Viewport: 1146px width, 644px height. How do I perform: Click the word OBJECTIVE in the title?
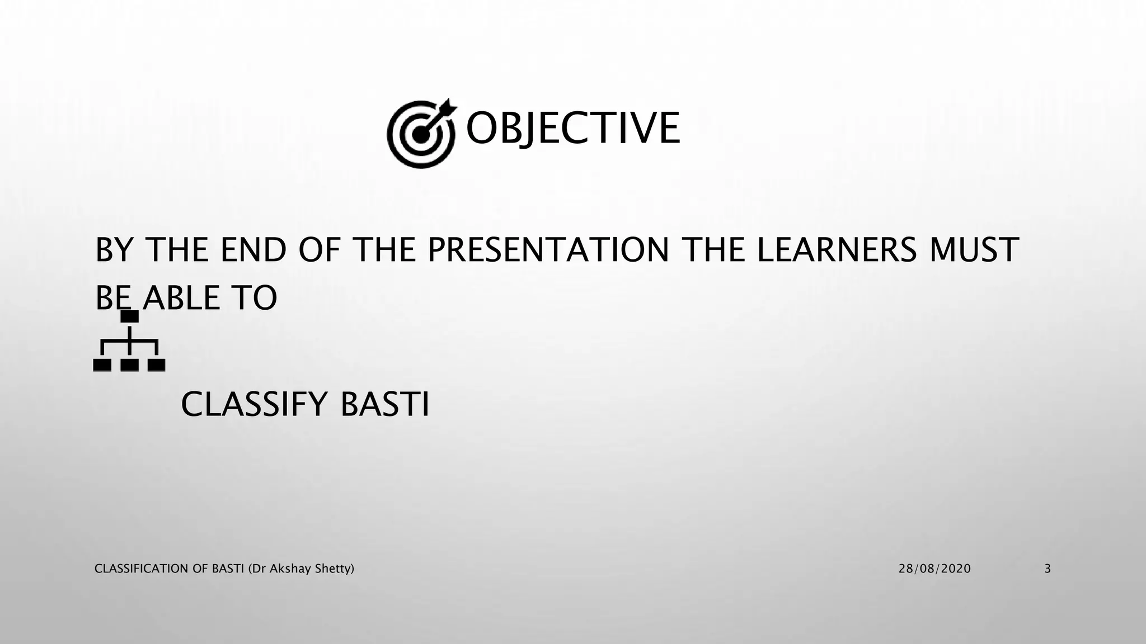click(572, 128)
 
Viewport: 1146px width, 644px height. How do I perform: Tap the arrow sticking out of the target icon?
click(447, 107)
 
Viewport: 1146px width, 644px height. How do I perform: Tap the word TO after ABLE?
click(254, 298)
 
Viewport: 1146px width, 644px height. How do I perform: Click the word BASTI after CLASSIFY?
click(384, 404)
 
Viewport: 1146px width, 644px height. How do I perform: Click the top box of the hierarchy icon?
click(130, 316)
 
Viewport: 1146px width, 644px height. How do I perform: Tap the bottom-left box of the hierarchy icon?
click(102, 365)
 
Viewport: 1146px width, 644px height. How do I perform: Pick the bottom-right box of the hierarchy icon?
click(157, 365)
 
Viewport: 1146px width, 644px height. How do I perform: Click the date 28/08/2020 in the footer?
click(934, 569)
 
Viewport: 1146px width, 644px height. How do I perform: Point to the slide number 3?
click(1048, 569)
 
